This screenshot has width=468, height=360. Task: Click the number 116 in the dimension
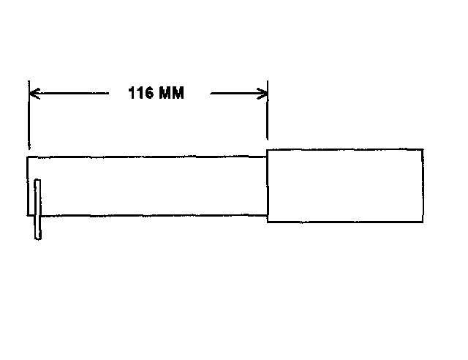(140, 94)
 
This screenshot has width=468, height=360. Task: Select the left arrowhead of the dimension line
(34, 93)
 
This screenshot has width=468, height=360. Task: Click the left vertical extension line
(29, 117)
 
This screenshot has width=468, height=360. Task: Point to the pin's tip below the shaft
(38, 236)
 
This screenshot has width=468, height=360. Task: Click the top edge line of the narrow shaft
(146, 156)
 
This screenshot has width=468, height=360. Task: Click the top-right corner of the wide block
(422, 149)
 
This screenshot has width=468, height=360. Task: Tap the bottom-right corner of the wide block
(422, 222)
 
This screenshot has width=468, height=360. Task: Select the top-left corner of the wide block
(267, 149)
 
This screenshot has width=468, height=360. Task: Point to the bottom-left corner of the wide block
(267, 222)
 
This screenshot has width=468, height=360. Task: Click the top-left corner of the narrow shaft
(29, 156)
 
